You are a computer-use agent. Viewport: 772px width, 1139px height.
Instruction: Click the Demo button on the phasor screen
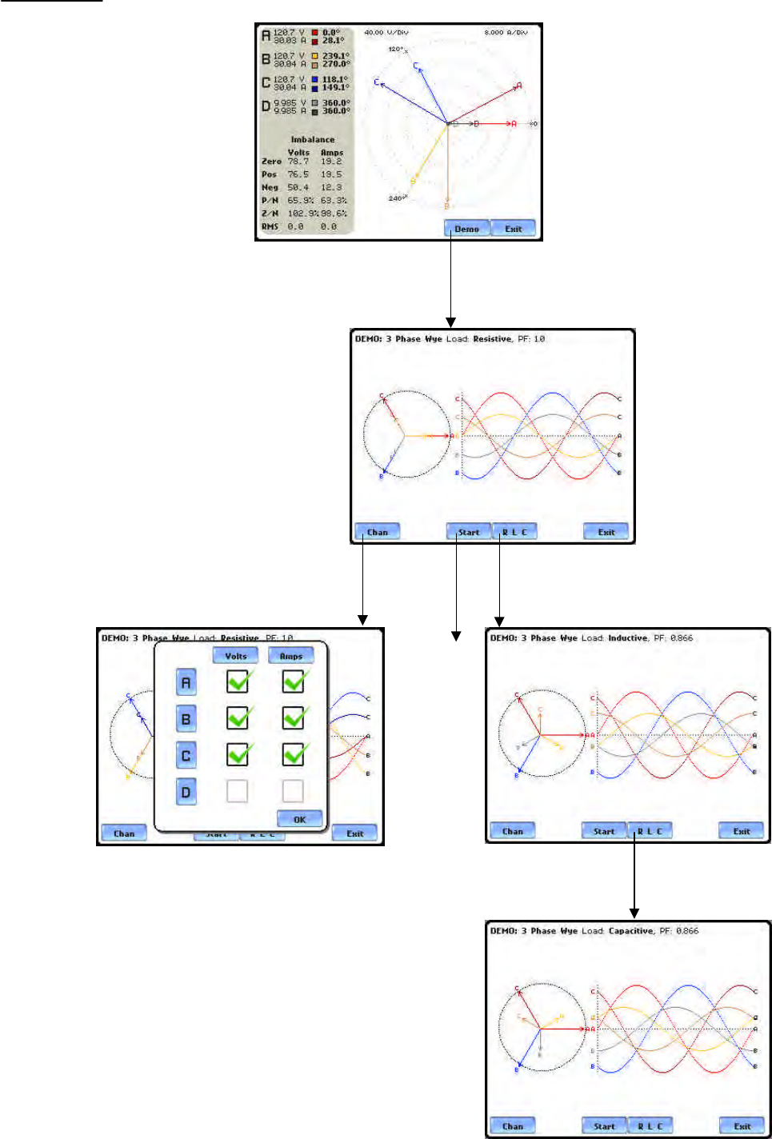[466, 229]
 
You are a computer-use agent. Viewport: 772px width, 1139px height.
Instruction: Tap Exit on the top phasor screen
[513, 229]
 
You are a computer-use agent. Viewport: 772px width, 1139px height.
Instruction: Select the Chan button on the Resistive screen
[377, 532]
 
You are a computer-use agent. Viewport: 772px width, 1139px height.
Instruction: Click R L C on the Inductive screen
[650, 831]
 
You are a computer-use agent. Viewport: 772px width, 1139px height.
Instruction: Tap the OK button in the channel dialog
[300, 819]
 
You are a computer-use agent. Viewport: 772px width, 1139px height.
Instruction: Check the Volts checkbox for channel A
[238, 681]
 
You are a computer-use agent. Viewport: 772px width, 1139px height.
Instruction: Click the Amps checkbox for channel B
[294, 718]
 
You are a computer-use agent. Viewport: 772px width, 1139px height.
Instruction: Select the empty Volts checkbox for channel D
[238, 791]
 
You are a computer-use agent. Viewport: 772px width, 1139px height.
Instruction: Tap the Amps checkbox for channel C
[294, 754]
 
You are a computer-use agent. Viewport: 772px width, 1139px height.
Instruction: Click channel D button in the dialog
[186, 792]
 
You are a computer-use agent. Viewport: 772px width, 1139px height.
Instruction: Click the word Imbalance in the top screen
[313, 139]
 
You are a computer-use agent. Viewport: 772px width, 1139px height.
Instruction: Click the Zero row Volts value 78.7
[298, 162]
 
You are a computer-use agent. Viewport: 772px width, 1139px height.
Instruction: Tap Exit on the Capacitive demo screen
[742, 1126]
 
